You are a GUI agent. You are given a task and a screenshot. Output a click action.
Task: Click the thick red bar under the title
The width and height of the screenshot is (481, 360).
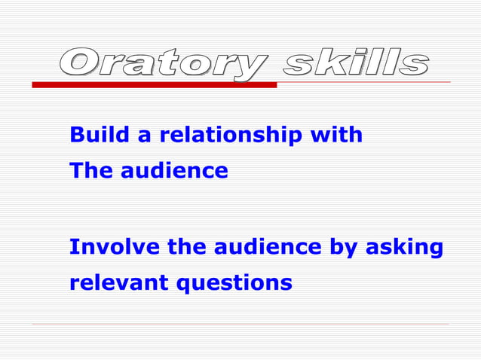pos(154,85)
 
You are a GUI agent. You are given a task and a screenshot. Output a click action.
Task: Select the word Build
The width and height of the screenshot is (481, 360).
pos(95,135)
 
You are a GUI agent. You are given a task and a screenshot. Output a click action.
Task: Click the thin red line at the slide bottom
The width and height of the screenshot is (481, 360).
pos(240,324)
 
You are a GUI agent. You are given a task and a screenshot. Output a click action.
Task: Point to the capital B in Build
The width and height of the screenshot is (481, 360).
pos(76,135)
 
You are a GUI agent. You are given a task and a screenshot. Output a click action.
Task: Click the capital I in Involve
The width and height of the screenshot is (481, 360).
pos(72,247)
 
